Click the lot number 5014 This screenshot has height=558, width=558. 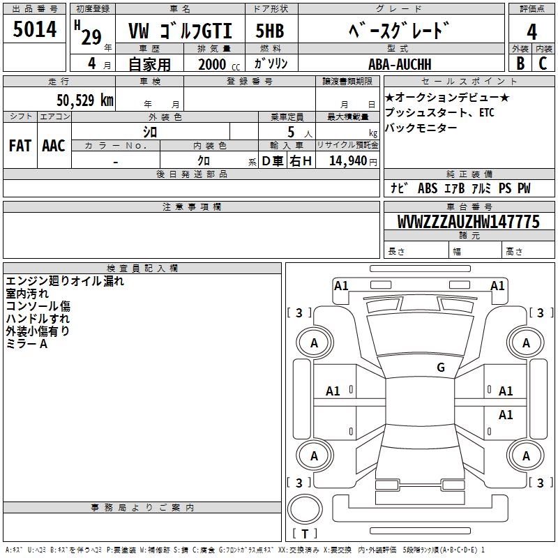pyautogui.click(x=34, y=29)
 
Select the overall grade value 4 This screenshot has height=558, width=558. pyautogui.click(x=531, y=32)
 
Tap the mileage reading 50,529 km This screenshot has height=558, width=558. pyautogui.click(x=85, y=100)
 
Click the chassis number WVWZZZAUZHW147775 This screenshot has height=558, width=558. pyautogui.click(x=468, y=222)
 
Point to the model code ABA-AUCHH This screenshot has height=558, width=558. pyautogui.click(x=400, y=64)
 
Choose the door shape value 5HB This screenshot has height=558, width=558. pyautogui.click(x=270, y=31)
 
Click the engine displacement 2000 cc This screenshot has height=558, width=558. pyautogui.click(x=219, y=64)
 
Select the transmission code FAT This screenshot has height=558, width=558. pyautogui.click(x=20, y=146)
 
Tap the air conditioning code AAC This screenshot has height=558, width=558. pyautogui.click(x=54, y=146)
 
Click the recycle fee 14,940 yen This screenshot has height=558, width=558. pyautogui.click(x=353, y=161)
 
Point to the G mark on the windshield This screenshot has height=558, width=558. pyautogui.click(x=441, y=367)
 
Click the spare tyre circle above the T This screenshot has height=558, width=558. pyautogui.click(x=305, y=508)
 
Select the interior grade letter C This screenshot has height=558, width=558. pyautogui.click(x=543, y=63)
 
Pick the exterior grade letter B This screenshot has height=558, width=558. pyautogui.click(x=520, y=63)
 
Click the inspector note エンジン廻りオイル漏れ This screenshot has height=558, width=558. pyautogui.click(x=65, y=281)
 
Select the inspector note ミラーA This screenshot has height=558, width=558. pyautogui.click(x=27, y=344)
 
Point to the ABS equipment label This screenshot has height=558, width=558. pyautogui.click(x=428, y=188)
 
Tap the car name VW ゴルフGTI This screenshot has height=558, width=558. pyautogui.click(x=180, y=31)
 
